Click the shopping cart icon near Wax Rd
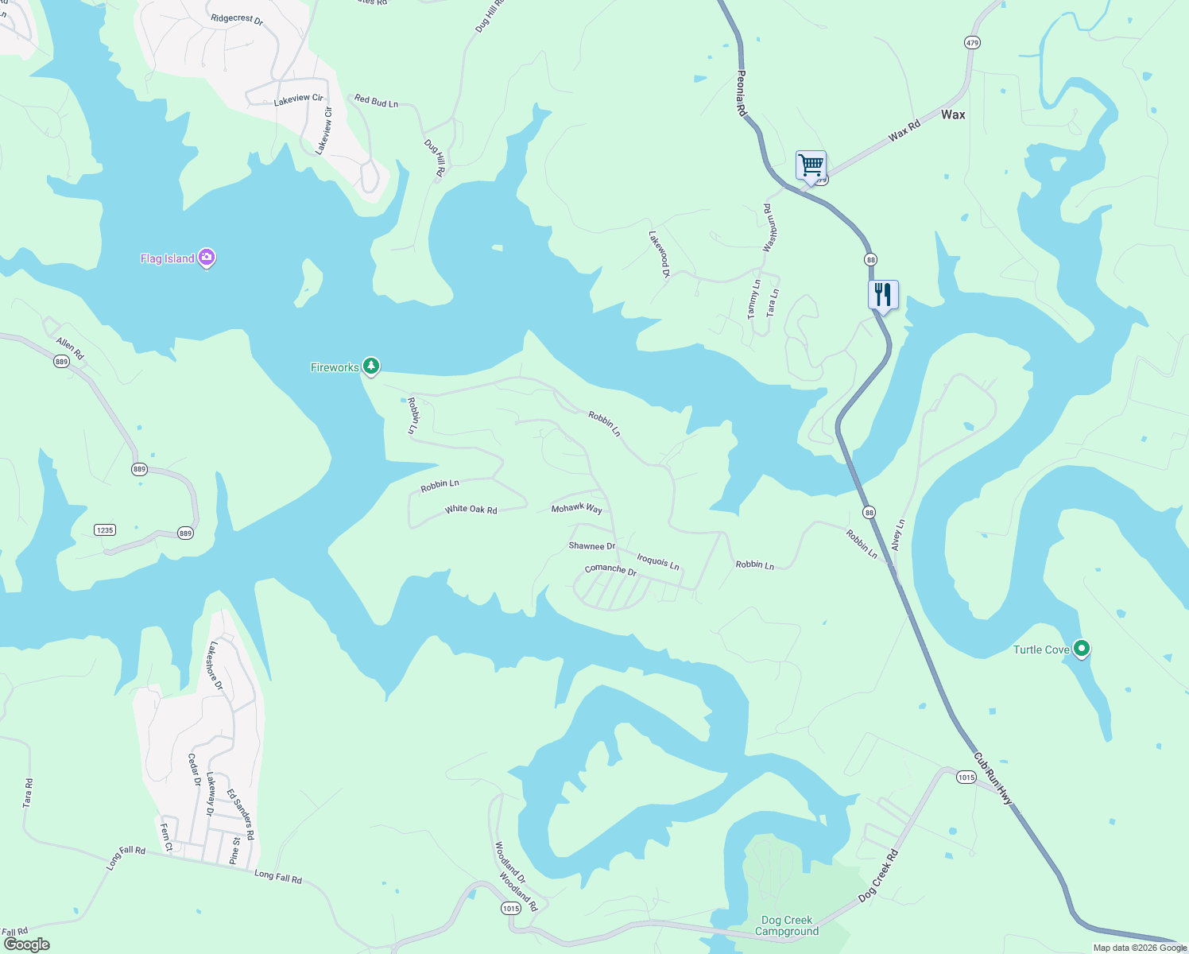tap(811, 166)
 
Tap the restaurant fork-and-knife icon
tap(883, 295)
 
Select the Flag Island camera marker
tap(207, 258)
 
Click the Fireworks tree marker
tap(370, 366)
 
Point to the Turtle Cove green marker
tap(1081, 649)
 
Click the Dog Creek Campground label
tap(786, 925)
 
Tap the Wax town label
tap(953, 114)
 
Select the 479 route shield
tap(972, 42)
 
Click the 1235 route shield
tap(105, 530)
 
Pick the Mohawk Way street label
tap(576, 508)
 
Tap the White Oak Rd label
tap(471, 509)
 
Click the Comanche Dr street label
tap(610, 570)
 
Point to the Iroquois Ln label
tap(658, 561)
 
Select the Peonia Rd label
tap(741, 94)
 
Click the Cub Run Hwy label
tap(993, 778)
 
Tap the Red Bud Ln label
tap(376, 101)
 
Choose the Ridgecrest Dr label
tap(237, 19)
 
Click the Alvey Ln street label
tap(898, 535)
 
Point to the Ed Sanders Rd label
tap(240, 814)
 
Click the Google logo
tap(26, 944)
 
